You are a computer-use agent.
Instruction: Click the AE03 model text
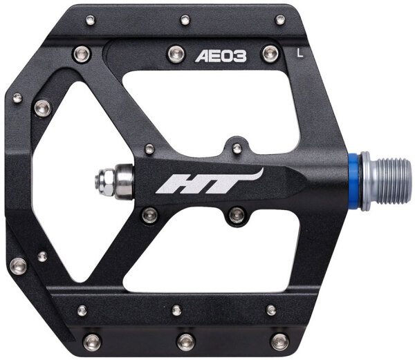click(221, 56)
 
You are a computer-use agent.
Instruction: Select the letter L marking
click(300, 53)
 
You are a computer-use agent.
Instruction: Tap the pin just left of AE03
click(177, 54)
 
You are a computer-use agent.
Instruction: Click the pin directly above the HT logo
click(237, 148)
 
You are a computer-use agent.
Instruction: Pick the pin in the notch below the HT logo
click(237, 215)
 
